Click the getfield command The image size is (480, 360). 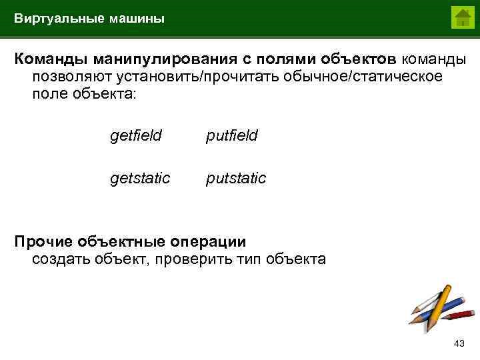pos(135,136)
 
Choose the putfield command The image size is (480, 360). pos(231,136)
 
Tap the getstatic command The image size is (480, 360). pos(140,179)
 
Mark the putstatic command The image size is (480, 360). pos(236,179)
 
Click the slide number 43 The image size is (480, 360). pos(458,343)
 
